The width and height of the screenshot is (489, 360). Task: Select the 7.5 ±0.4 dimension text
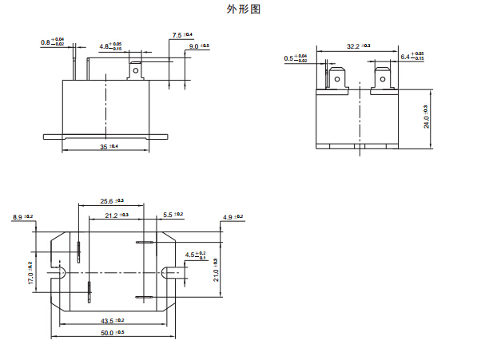point(181,36)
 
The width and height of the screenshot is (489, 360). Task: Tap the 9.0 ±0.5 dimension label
point(198,47)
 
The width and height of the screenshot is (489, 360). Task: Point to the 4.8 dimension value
point(110,47)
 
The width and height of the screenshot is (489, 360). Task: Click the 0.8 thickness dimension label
point(52,41)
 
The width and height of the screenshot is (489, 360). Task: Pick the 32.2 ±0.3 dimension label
point(358,47)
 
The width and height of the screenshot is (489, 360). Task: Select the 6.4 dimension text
point(411,57)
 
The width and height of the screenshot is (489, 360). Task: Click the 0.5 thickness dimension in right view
point(296,57)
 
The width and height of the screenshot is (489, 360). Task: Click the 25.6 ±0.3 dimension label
point(112,201)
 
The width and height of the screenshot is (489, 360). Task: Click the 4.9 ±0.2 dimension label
point(233,217)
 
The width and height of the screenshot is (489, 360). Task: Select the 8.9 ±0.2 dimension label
point(22,216)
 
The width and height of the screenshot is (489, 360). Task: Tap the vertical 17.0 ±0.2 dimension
point(30,274)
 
